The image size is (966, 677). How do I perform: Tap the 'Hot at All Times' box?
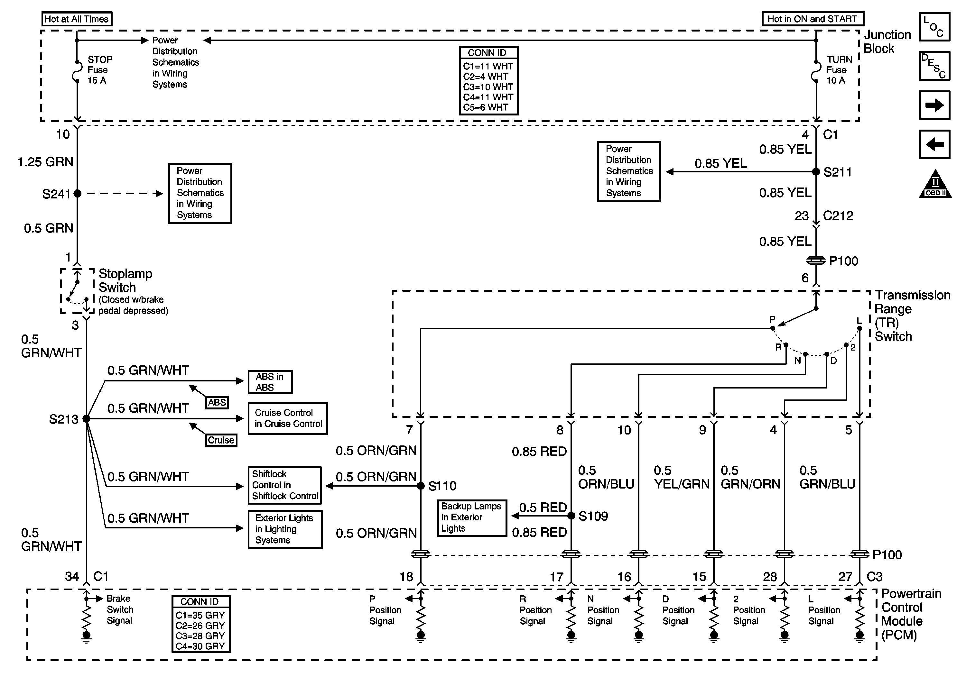pyautogui.click(x=77, y=19)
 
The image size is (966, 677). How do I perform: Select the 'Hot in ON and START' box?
pyautogui.click(x=813, y=19)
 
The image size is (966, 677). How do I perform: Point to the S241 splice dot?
pyautogui.click(x=78, y=193)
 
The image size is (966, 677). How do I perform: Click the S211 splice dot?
pyautogui.click(x=816, y=171)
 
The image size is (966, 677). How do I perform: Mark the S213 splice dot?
pyautogui.click(x=86, y=419)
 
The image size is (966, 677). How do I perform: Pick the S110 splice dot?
pyautogui.click(x=421, y=486)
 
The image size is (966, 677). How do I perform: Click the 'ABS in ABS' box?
pyautogui.click(x=270, y=382)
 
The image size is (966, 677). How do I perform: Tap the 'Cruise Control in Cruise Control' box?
pyautogui.click(x=288, y=418)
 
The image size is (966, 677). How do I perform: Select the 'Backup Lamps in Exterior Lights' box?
pyautogui.click(x=472, y=517)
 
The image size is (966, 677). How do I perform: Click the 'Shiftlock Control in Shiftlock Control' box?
pyautogui.click(x=285, y=485)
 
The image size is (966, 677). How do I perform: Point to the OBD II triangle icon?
pyautogui.click(x=935, y=184)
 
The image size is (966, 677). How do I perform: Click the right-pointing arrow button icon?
pyautogui.click(x=934, y=105)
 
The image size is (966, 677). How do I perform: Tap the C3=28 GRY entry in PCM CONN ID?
pyautogui.click(x=200, y=636)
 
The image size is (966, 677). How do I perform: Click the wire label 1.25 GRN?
pyautogui.click(x=45, y=162)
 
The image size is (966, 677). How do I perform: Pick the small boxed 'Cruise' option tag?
pyautogui.click(x=221, y=440)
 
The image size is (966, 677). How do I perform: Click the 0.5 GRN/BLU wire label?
pyautogui.click(x=827, y=477)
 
